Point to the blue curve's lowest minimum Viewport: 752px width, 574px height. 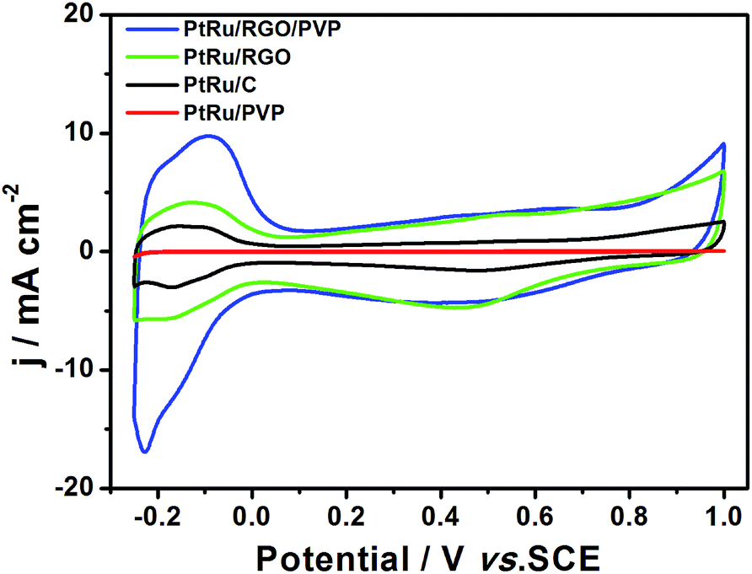coord(146,452)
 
